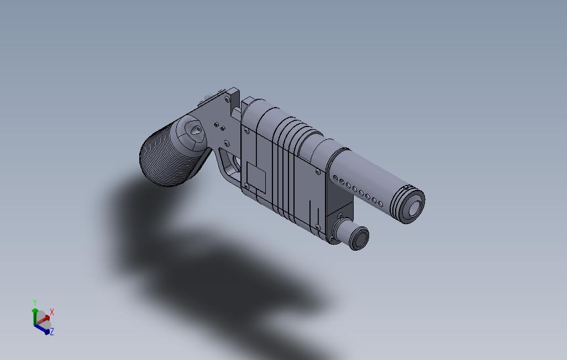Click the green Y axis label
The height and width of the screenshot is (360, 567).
(34, 303)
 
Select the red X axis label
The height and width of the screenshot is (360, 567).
(52, 312)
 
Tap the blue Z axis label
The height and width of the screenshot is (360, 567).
(52, 332)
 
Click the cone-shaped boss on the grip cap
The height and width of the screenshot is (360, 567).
(195, 131)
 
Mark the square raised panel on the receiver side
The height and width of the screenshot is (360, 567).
(256, 176)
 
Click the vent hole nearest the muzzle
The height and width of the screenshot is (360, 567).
(381, 203)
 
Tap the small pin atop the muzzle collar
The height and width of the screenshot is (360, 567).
(407, 187)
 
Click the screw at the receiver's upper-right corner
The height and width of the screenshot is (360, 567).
(317, 172)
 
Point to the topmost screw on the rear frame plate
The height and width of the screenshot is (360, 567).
(227, 100)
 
